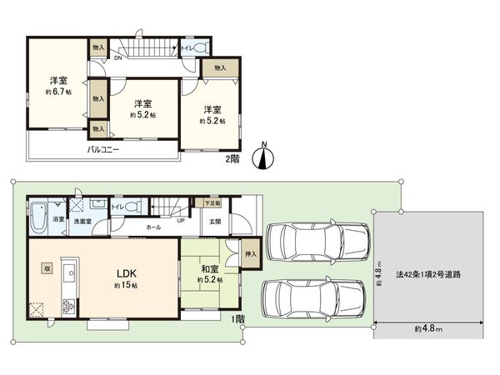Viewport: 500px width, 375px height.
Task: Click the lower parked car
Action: click(x=314, y=299)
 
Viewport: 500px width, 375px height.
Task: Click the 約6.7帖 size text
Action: click(x=57, y=92)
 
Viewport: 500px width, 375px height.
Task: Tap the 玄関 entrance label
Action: click(x=215, y=221)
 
